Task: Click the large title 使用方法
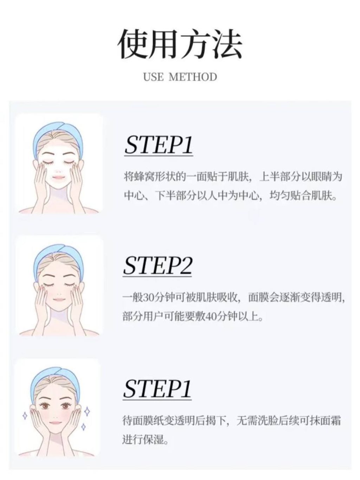pyautogui.click(x=180, y=44)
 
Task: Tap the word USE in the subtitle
pyautogui.click(x=153, y=77)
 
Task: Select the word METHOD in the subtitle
pyautogui.click(x=193, y=77)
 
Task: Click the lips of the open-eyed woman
pyautogui.click(x=55, y=428)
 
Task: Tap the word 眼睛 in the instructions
pyautogui.click(x=321, y=177)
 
